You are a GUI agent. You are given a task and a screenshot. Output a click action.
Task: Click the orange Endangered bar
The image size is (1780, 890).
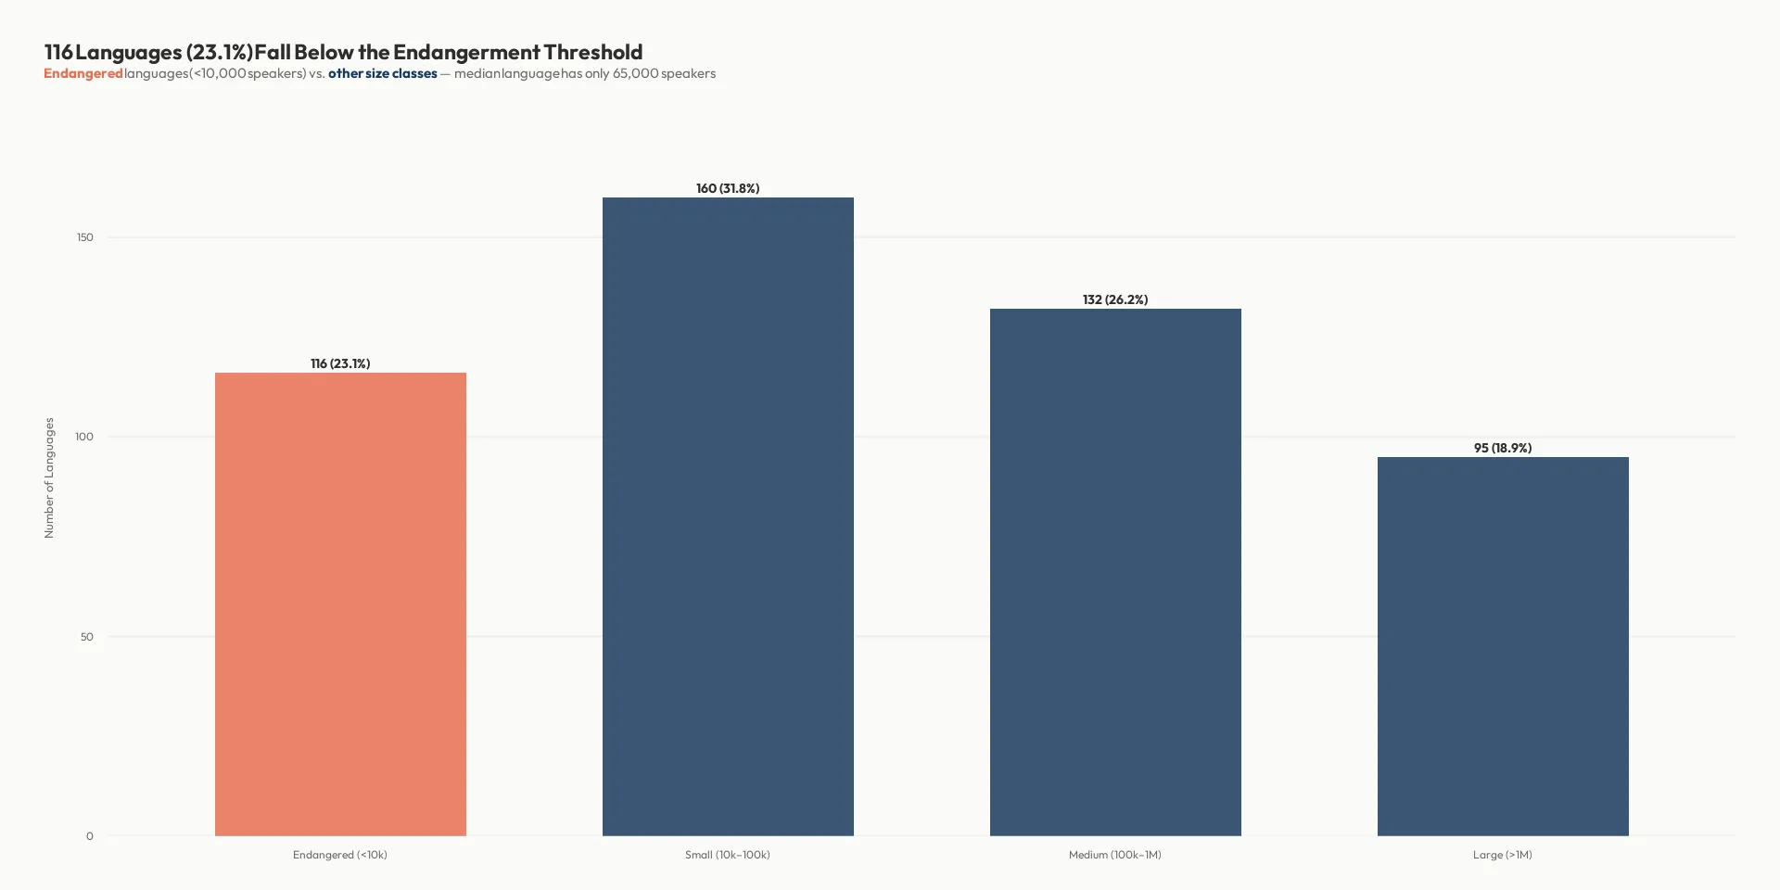pos(340,604)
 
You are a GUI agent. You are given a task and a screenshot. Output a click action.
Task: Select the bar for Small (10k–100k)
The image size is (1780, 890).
pos(728,516)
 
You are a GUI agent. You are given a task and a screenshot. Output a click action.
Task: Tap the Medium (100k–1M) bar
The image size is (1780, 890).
pos(1115,572)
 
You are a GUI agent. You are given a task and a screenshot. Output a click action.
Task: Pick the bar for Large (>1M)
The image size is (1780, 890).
pos(1503,646)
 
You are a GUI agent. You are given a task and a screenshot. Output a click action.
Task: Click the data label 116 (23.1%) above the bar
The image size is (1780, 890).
pos(340,363)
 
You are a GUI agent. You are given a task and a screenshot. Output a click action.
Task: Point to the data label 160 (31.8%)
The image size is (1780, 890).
pos(728,188)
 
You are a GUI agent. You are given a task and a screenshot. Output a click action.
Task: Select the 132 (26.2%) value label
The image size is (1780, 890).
pos(1115,299)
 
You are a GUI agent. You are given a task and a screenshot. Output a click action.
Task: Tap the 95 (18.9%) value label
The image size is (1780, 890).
pos(1503,448)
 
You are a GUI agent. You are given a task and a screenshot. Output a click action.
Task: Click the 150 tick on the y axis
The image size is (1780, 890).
pos(85,237)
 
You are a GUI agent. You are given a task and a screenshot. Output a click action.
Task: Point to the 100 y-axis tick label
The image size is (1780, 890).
pos(84,437)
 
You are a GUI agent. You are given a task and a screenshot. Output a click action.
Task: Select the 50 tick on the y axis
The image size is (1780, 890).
pos(86,637)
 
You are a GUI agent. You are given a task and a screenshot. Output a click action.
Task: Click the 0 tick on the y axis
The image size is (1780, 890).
pos(90,836)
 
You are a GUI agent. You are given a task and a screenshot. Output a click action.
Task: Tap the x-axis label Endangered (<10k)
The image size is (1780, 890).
pos(340,855)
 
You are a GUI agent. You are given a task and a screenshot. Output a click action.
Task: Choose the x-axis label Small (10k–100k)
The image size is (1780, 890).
pos(728,855)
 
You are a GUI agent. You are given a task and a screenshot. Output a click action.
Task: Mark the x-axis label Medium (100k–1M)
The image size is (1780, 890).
pos(1115,855)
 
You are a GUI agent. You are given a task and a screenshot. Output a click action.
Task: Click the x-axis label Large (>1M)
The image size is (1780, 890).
pos(1503,855)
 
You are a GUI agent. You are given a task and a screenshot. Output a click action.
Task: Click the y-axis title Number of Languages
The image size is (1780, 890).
pos(49,477)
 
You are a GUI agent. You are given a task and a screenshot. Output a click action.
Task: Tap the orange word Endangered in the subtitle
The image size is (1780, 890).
pos(83,73)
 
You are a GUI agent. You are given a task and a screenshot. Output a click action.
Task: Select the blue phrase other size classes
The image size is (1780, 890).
pos(382,73)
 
